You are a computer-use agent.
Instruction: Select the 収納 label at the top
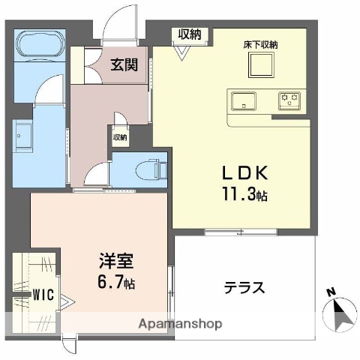point(189,33)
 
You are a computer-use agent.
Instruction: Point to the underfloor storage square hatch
point(262,67)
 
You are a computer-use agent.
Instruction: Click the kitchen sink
point(244,100)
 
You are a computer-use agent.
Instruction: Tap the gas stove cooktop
point(289,99)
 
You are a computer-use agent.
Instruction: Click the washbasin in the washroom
point(22,137)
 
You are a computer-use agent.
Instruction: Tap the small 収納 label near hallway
point(120,137)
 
